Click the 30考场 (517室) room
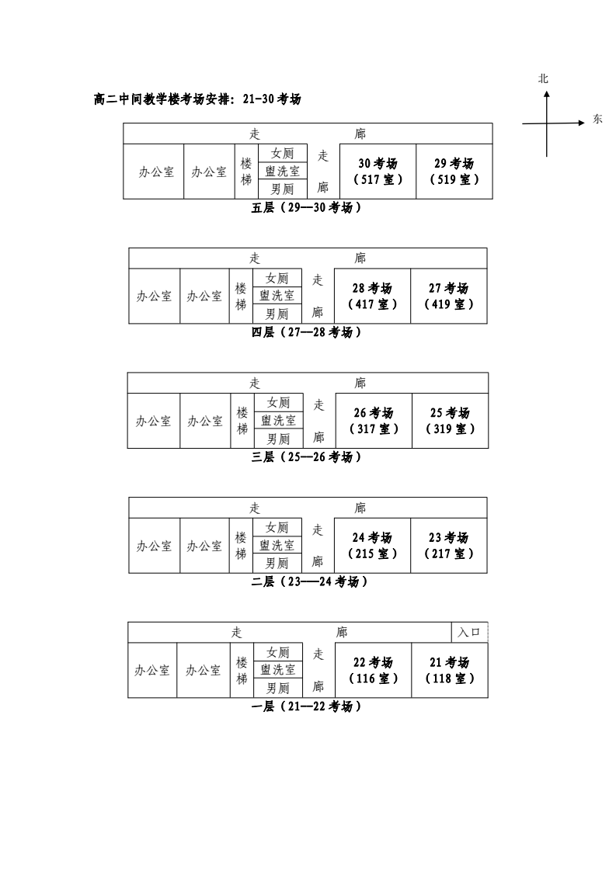378,172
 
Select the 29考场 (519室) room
454,172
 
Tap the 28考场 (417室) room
372,297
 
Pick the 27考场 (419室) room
448,297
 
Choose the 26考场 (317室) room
374,421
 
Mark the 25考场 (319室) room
450,421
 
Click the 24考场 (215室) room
372,546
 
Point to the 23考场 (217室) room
448,546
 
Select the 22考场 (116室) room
372,671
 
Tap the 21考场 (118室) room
449,671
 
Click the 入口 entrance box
469,633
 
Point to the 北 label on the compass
544,79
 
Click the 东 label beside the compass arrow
597,120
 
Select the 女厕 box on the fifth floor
282,154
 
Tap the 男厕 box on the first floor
277,688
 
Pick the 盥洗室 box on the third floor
278,421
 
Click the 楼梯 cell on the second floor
242,546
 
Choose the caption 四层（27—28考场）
307,332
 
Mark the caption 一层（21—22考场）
307,706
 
